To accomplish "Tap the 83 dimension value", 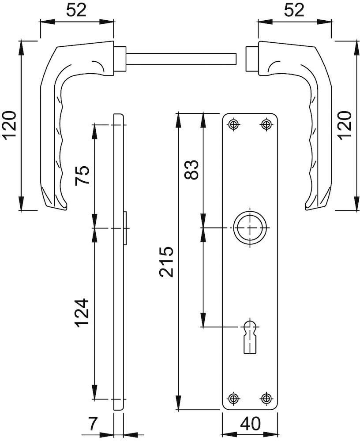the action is pos(191,170).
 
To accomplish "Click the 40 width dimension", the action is pos(251,423).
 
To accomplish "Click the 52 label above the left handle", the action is pos(76,11).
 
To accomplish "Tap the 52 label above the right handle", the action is pos(294,11).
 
